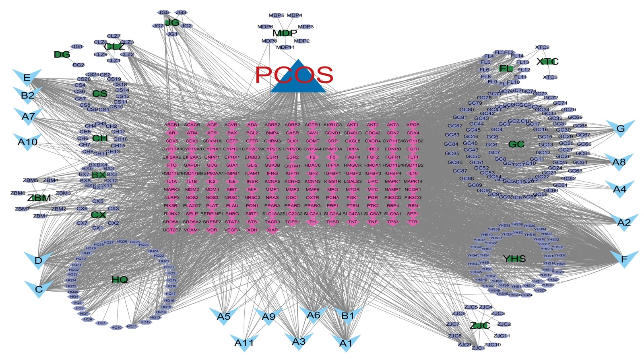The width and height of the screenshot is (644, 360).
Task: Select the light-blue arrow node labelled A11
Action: [244, 343]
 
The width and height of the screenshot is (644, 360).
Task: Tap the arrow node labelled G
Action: [620, 128]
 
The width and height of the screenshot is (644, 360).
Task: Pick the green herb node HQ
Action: [120, 279]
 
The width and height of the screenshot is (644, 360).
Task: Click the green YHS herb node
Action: [514, 259]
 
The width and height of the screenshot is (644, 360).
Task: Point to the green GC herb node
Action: [516, 144]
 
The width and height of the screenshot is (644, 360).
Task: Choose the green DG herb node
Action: [62, 54]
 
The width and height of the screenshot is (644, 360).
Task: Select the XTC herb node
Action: [547, 62]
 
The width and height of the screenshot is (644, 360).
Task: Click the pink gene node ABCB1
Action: [172, 125]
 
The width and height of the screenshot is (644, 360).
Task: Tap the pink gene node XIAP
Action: [272, 230]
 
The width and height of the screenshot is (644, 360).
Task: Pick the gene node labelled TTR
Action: [413, 222]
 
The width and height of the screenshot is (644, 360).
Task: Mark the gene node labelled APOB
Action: [413, 125]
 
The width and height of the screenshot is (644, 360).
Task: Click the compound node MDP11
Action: [285, 47]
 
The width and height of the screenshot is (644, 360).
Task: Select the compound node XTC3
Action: [550, 77]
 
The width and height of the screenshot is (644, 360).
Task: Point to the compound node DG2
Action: [78, 65]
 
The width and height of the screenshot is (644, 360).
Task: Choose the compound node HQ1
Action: [102, 323]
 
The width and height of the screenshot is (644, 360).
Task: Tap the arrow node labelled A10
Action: [27, 142]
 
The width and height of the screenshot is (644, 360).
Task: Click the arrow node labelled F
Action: [624, 259]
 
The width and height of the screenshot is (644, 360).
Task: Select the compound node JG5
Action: [164, 13]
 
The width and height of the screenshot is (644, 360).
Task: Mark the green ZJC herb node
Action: [480, 325]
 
